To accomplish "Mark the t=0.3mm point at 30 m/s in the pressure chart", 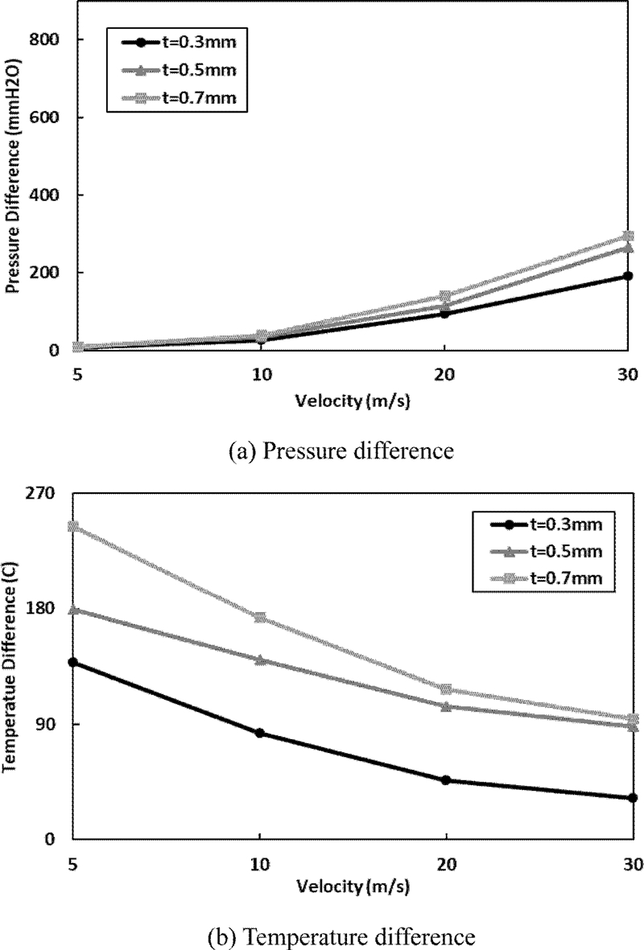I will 628,276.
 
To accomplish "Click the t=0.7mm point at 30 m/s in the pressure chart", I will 628,236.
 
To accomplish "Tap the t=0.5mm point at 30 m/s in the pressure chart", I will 628,248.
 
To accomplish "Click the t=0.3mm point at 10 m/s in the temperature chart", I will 260,733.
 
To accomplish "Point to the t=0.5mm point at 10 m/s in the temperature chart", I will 260,660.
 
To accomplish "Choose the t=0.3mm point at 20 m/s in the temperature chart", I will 445,779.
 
